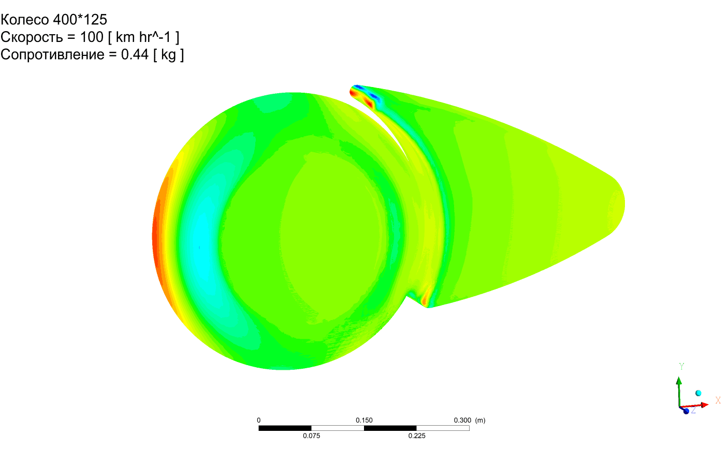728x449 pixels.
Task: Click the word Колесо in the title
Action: [x=25, y=20]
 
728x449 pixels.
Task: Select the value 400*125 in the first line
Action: [x=80, y=20]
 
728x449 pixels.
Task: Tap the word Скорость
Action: [x=32, y=37]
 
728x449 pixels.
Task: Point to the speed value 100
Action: [x=91, y=37]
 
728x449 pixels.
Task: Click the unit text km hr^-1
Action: [x=143, y=37]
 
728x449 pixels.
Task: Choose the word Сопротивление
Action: [x=52, y=54]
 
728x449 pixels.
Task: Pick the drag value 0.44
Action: [x=135, y=54]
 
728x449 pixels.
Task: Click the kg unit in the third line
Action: [x=168, y=55]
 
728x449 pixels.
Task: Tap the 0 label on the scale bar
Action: [x=259, y=420]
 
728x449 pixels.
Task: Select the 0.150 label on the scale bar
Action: [x=364, y=420]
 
